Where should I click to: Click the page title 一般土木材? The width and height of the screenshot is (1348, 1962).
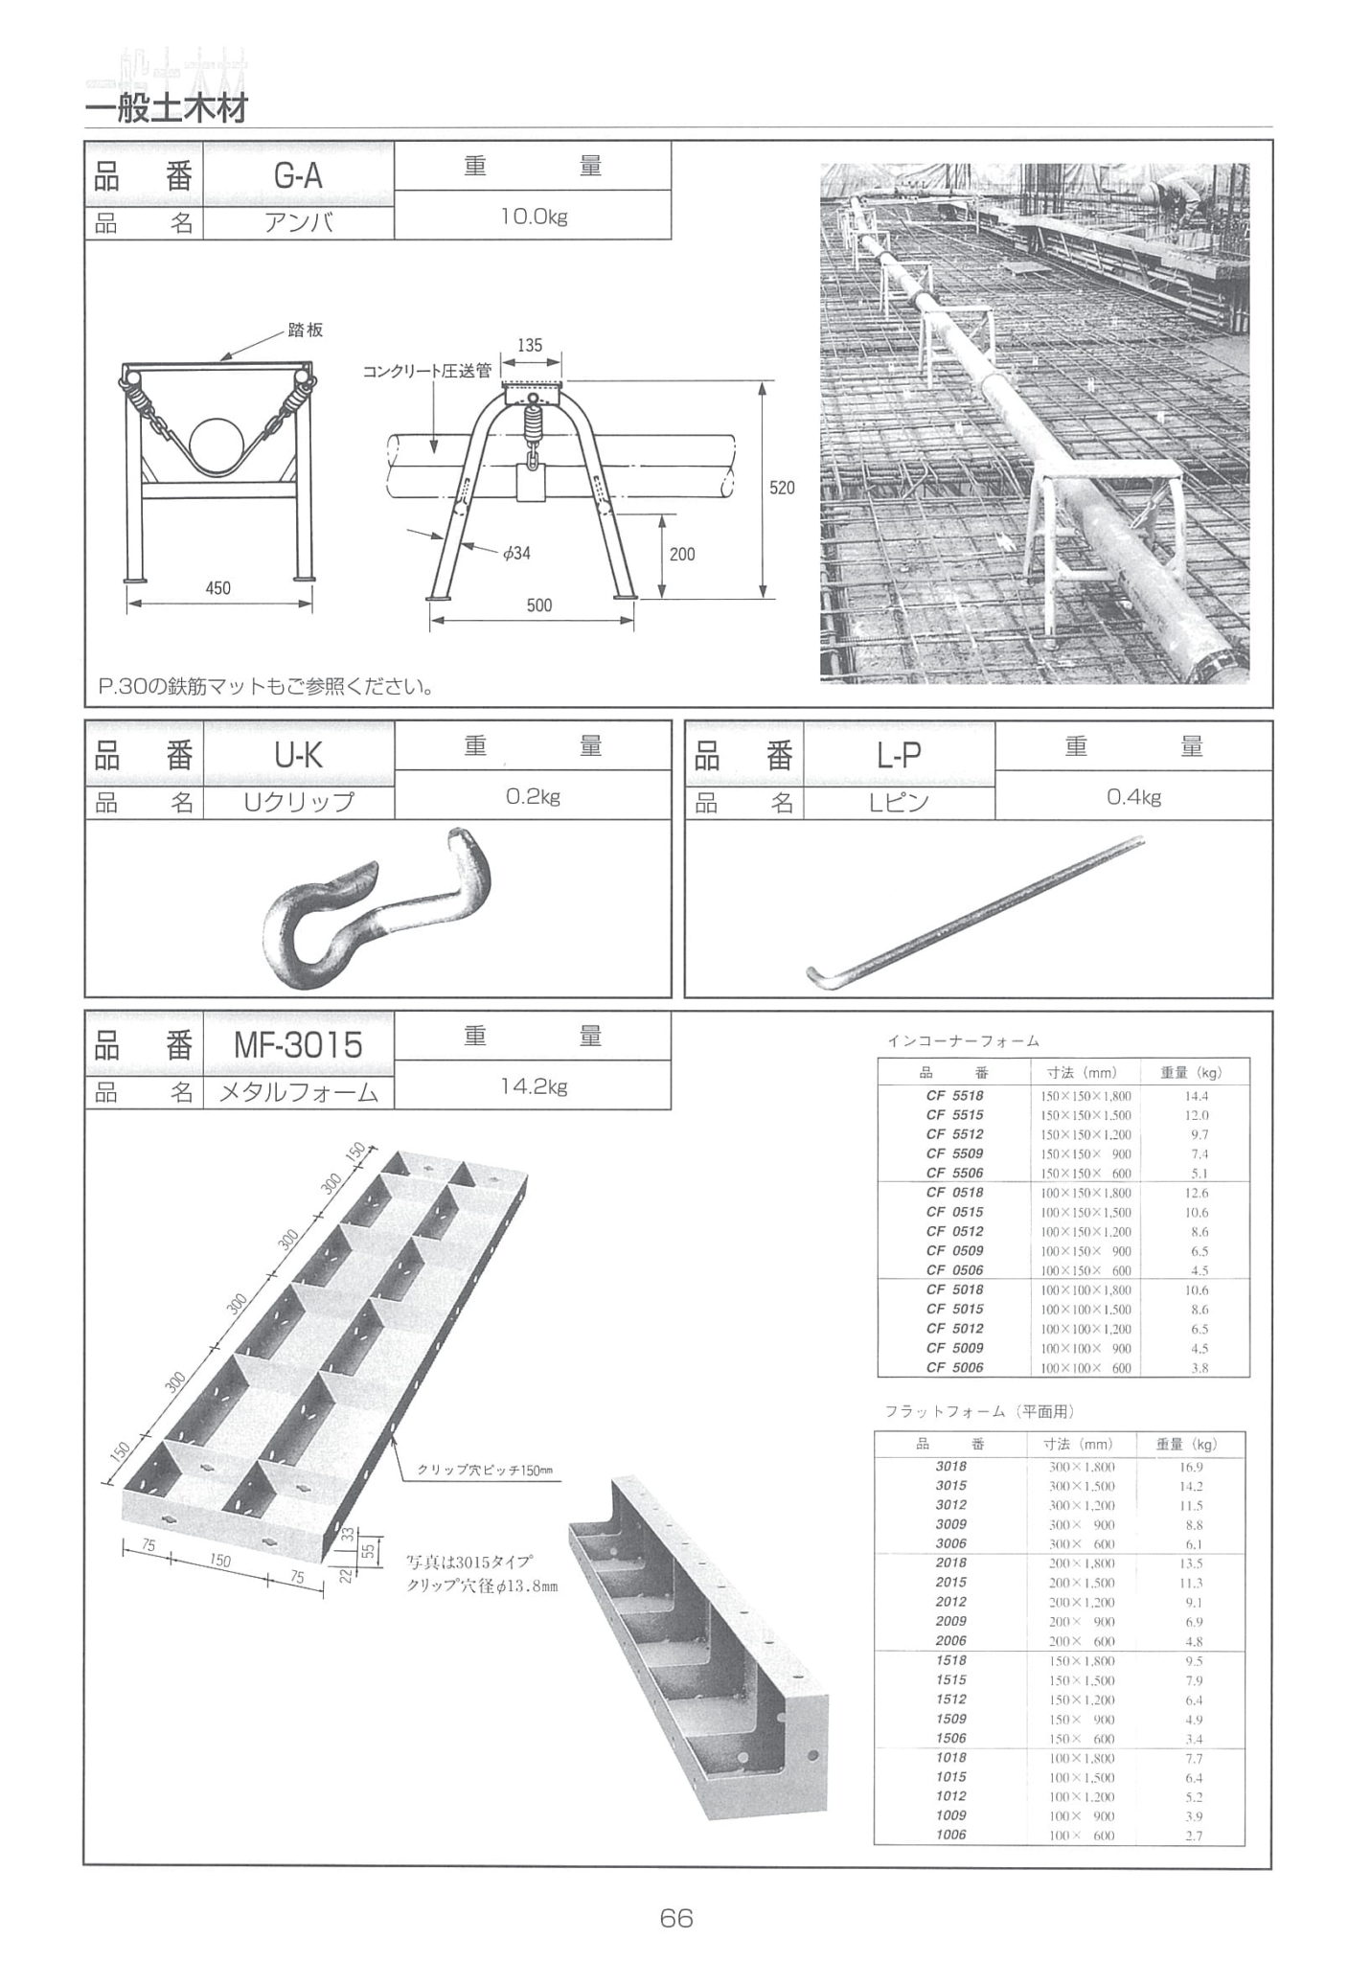pyautogui.click(x=167, y=107)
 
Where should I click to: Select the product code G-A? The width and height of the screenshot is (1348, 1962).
pyautogui.click(x=299, y=176)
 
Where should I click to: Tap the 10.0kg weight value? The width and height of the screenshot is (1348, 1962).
pyautogui.click(x=533, y=217)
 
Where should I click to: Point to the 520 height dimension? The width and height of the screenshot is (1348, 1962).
pyautogui.click(x=783, y=488)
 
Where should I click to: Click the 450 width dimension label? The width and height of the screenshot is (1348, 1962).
pyautogui.click(x=218, y=587)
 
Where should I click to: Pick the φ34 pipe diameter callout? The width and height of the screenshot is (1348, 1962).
pyautogui.click(x=515, y=553)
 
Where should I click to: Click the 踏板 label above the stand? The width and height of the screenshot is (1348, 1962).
pyautogui.click(x=306, y=330)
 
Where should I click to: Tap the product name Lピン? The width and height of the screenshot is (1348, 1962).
pyautogui.click(x=899, y=803)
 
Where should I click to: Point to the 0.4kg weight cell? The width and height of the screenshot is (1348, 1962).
pyautogui.click(x=1133, y=797)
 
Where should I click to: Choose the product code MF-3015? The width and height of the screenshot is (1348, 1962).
pyautogui.click(x=299, y=1044)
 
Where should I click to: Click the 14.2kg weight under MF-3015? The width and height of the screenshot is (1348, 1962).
pyautogui.click(x=533, y=1086)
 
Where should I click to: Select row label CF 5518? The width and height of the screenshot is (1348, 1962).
pyautogui.click(x=954, y=1095)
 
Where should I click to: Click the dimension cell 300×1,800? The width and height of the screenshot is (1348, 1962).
pyautogui.click(x=1083, y=1466)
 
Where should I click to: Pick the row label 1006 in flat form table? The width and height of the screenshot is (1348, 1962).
pyautogui.click(x=950, y=1835)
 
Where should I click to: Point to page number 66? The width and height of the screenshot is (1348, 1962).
pyautogui.click(x=675, y=1918)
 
